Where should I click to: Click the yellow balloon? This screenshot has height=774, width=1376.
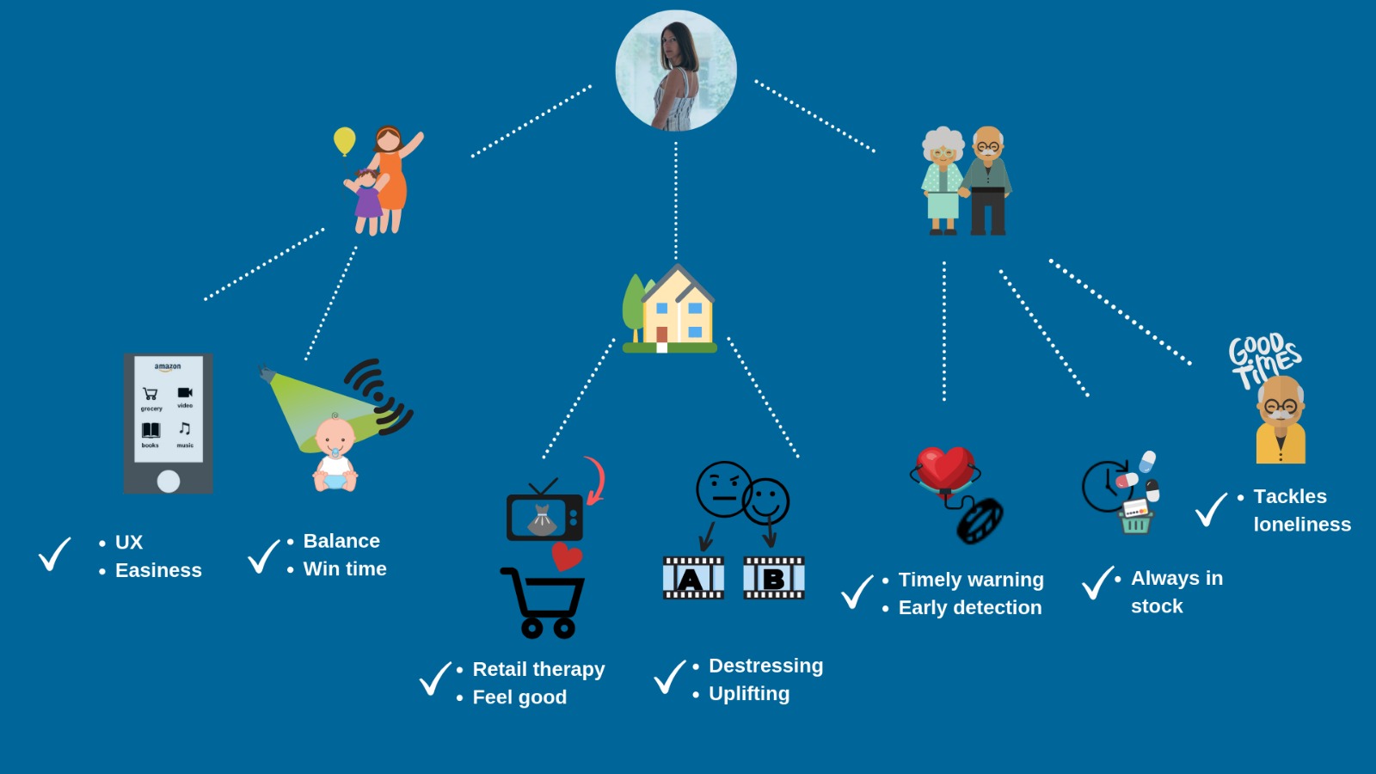[345, 140]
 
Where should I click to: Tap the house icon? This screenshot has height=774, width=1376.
[672, 311]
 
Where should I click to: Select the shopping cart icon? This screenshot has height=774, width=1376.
[544, 602]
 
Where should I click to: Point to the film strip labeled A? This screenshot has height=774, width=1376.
[693, 578]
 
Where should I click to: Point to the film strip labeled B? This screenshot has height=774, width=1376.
[773, 578]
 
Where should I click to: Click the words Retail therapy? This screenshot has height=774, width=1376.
[538, 669]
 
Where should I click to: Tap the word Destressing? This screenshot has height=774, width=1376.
[765, 666]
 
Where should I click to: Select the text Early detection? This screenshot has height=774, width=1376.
[969, 607]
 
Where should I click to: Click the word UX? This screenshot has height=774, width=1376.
[129, 543]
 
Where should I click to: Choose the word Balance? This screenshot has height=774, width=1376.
[341, 541]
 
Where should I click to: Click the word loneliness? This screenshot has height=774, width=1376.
[1302, 525]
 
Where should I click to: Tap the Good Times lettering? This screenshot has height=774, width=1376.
[1263, 358]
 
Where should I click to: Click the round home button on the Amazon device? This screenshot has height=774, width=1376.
[169, 481]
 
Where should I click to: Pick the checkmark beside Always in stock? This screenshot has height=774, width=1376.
[1098, 583]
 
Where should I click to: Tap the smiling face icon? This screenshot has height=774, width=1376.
[767, 501]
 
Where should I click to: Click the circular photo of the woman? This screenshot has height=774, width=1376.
[676, 71]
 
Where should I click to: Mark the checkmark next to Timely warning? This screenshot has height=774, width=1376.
[857, 592]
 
